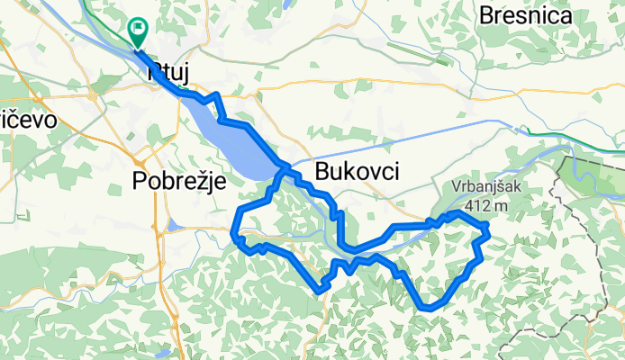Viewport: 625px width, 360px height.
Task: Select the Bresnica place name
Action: (x=539, y=15)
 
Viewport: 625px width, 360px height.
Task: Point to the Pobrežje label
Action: (x=177, y=180)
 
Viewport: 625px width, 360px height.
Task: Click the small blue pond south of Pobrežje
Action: (x=171, y=225)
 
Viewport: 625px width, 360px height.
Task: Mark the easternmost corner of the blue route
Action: (x=488, y=231)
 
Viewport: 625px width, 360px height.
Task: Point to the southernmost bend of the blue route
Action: (x=428, y=309)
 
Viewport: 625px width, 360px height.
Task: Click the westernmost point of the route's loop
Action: (x=235, y=222)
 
